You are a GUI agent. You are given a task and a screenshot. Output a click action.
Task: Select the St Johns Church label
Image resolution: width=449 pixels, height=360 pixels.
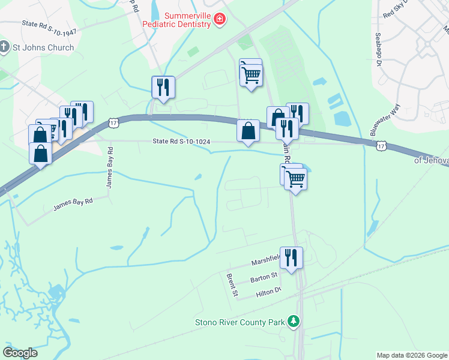coord(43,47)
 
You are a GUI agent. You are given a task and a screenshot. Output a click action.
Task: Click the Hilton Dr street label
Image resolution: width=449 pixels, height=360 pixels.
coord(268,291)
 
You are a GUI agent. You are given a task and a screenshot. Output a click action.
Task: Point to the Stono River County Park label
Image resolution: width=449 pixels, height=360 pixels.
coord(240,322)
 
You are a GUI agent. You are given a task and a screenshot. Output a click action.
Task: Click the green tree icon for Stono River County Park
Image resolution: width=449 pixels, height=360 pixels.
coord(294,322)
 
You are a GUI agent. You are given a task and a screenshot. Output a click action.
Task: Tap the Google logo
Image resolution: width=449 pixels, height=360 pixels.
coord(20,352)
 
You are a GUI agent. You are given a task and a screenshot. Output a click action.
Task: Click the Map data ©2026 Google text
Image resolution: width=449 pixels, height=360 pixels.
coord(412,355)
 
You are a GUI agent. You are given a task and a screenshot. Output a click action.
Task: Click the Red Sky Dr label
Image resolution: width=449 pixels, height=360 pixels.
coord(396,9)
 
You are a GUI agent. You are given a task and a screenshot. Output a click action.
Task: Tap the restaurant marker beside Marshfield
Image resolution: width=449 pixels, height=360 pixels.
coord(291,258)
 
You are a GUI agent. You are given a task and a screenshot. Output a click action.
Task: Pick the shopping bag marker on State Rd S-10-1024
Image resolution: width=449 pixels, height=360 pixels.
coord(248,130)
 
